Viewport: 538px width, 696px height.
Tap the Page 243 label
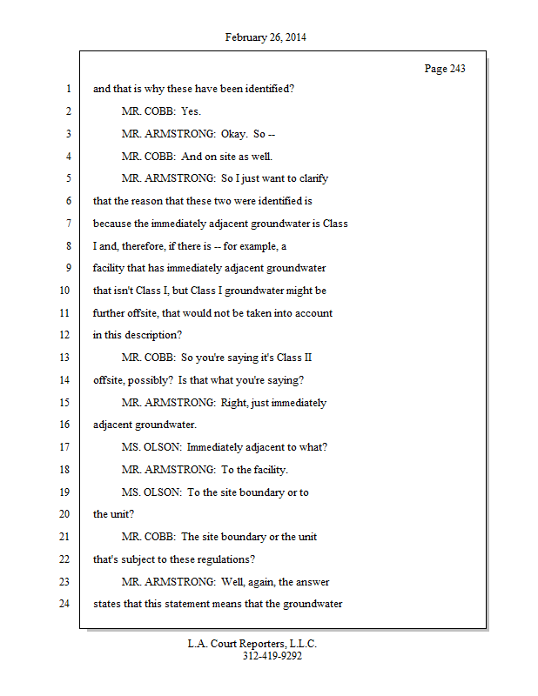tap(445, 69)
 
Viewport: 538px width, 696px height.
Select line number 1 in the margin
tap(67, 89)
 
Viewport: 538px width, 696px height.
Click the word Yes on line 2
tap(191, 111)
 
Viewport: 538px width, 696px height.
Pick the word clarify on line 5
tap(309, 178)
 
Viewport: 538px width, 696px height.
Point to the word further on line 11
tap(111, 313)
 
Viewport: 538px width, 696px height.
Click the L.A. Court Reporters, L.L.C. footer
tap(252, 644)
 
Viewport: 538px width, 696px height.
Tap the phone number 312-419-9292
tap(272, 656)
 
